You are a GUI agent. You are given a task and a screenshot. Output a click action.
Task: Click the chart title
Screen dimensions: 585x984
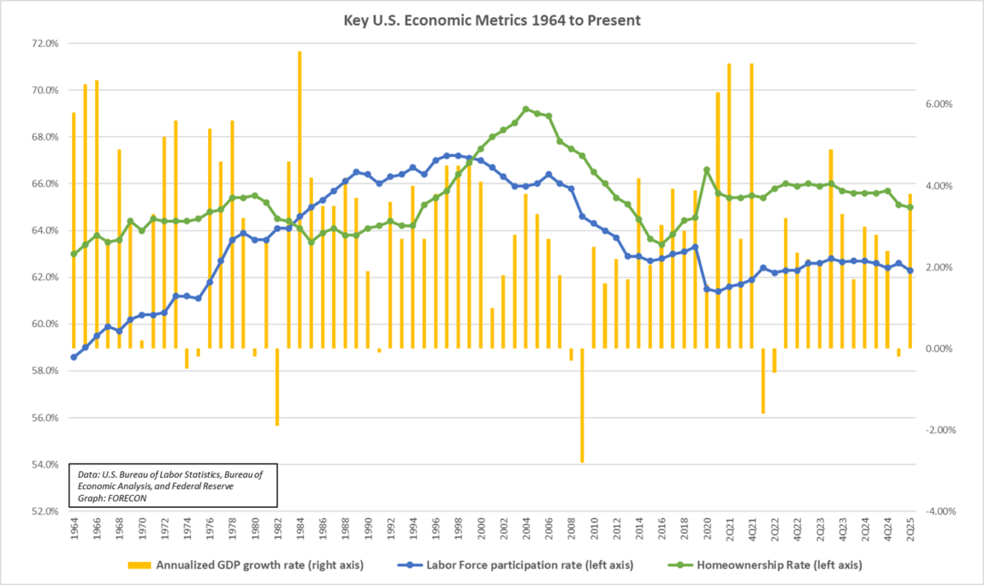[x=490, y=19]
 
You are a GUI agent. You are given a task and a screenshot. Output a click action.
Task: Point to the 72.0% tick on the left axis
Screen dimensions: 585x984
[x=44, y=44]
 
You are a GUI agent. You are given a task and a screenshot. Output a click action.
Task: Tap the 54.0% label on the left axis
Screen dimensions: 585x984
[x=44, y=465]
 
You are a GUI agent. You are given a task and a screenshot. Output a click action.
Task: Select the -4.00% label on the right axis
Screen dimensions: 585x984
[x=935, y=511]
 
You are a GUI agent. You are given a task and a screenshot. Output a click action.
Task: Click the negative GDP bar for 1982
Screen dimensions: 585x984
[x=277, y=386]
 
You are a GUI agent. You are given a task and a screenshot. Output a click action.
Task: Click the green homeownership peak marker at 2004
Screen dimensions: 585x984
[x=525, y=109]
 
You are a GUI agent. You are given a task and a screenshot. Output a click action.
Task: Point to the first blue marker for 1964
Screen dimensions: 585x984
[x=74, y=357]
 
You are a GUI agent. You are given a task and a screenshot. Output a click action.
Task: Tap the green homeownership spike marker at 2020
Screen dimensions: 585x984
[x=706, y=170]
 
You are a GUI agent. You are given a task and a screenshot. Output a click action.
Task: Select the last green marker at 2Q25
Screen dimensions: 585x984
[x=910, y=207]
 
